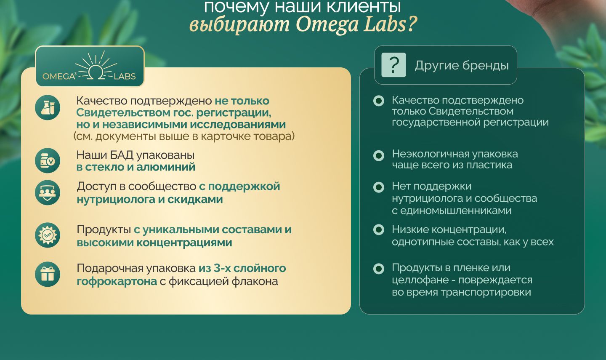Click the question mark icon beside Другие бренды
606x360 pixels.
(393, 65)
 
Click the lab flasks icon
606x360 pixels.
(48, 107)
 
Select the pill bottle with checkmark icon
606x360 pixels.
(48, 160)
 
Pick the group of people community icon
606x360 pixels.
(48, 192)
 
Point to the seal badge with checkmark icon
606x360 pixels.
(48, 235)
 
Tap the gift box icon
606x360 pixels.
(48, 274)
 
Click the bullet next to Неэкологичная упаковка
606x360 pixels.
(378, 155)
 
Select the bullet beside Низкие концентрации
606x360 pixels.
(378, 229)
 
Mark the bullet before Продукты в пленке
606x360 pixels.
(378, 269)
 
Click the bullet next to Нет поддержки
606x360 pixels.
(378, 187)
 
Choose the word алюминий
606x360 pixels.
(166, 167)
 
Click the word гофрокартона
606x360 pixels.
(117, 282)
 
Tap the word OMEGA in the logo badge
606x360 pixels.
(58, 77)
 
